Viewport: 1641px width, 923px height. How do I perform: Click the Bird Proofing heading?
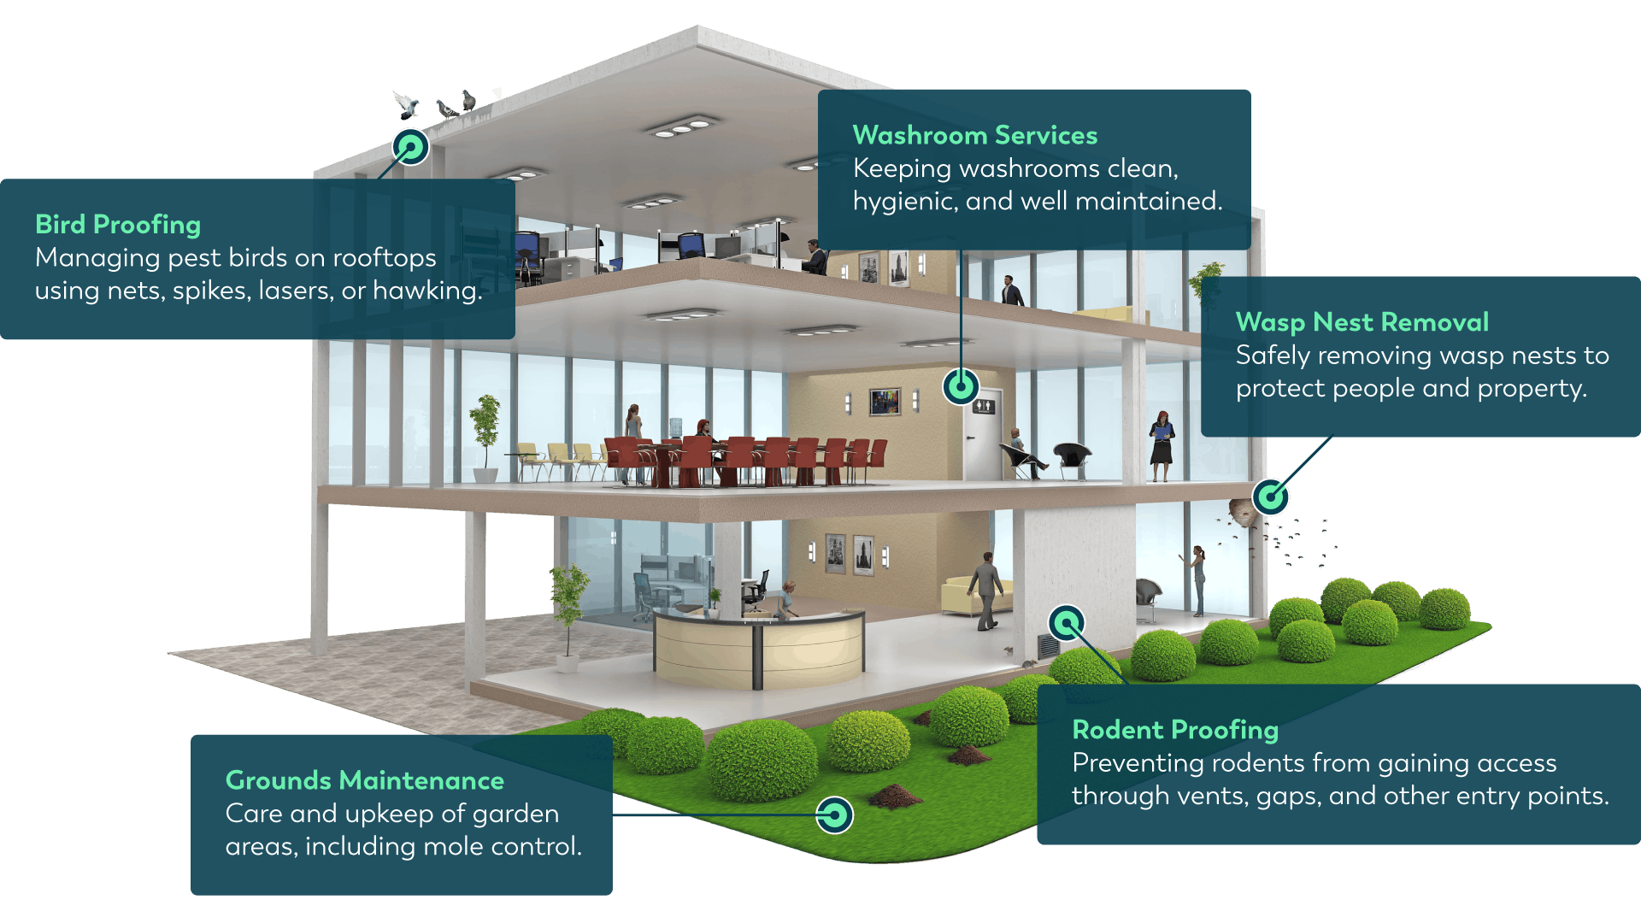tap(118, 225)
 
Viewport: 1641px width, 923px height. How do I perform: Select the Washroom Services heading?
tap(974, 135)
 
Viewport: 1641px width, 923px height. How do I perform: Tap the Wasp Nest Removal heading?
tap(1362, 322)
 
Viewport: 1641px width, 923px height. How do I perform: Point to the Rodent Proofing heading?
tap(1175, 730)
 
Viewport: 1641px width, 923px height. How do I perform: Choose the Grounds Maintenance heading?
tap(364, 780)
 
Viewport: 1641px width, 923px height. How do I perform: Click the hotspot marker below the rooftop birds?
tap(410, 148)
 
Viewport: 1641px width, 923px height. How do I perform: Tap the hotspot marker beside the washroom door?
tap(961, 386)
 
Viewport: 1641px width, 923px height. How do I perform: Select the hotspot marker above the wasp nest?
tap(1271, 497)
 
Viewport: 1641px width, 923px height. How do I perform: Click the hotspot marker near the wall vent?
tap(1067, 624)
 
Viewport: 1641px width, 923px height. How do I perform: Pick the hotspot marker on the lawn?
tap(834, 815)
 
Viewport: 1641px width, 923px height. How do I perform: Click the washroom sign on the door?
tap(983, 407)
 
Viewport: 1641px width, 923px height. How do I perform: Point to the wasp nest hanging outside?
tap(1242, 513)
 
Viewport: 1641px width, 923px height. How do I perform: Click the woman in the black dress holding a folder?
tap(1162, 444)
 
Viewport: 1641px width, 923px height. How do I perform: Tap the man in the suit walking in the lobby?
tap(987, 590)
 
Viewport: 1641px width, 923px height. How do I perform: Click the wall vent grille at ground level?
tap(1048, 645)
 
